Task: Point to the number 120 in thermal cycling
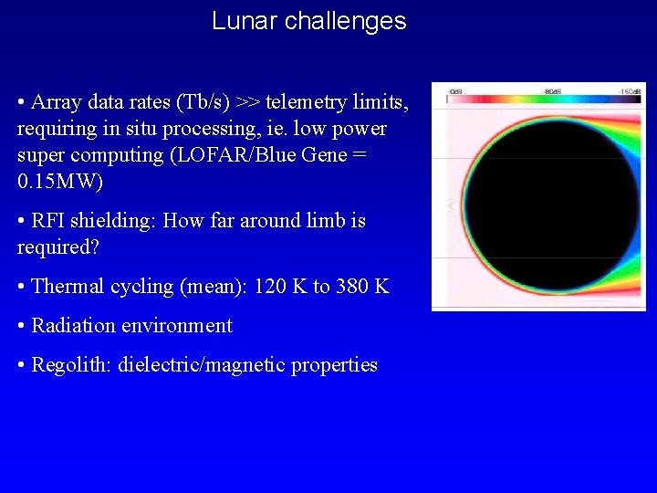[270, 286]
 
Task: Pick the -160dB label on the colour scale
[630, 91]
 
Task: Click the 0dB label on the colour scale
[454, 91]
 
